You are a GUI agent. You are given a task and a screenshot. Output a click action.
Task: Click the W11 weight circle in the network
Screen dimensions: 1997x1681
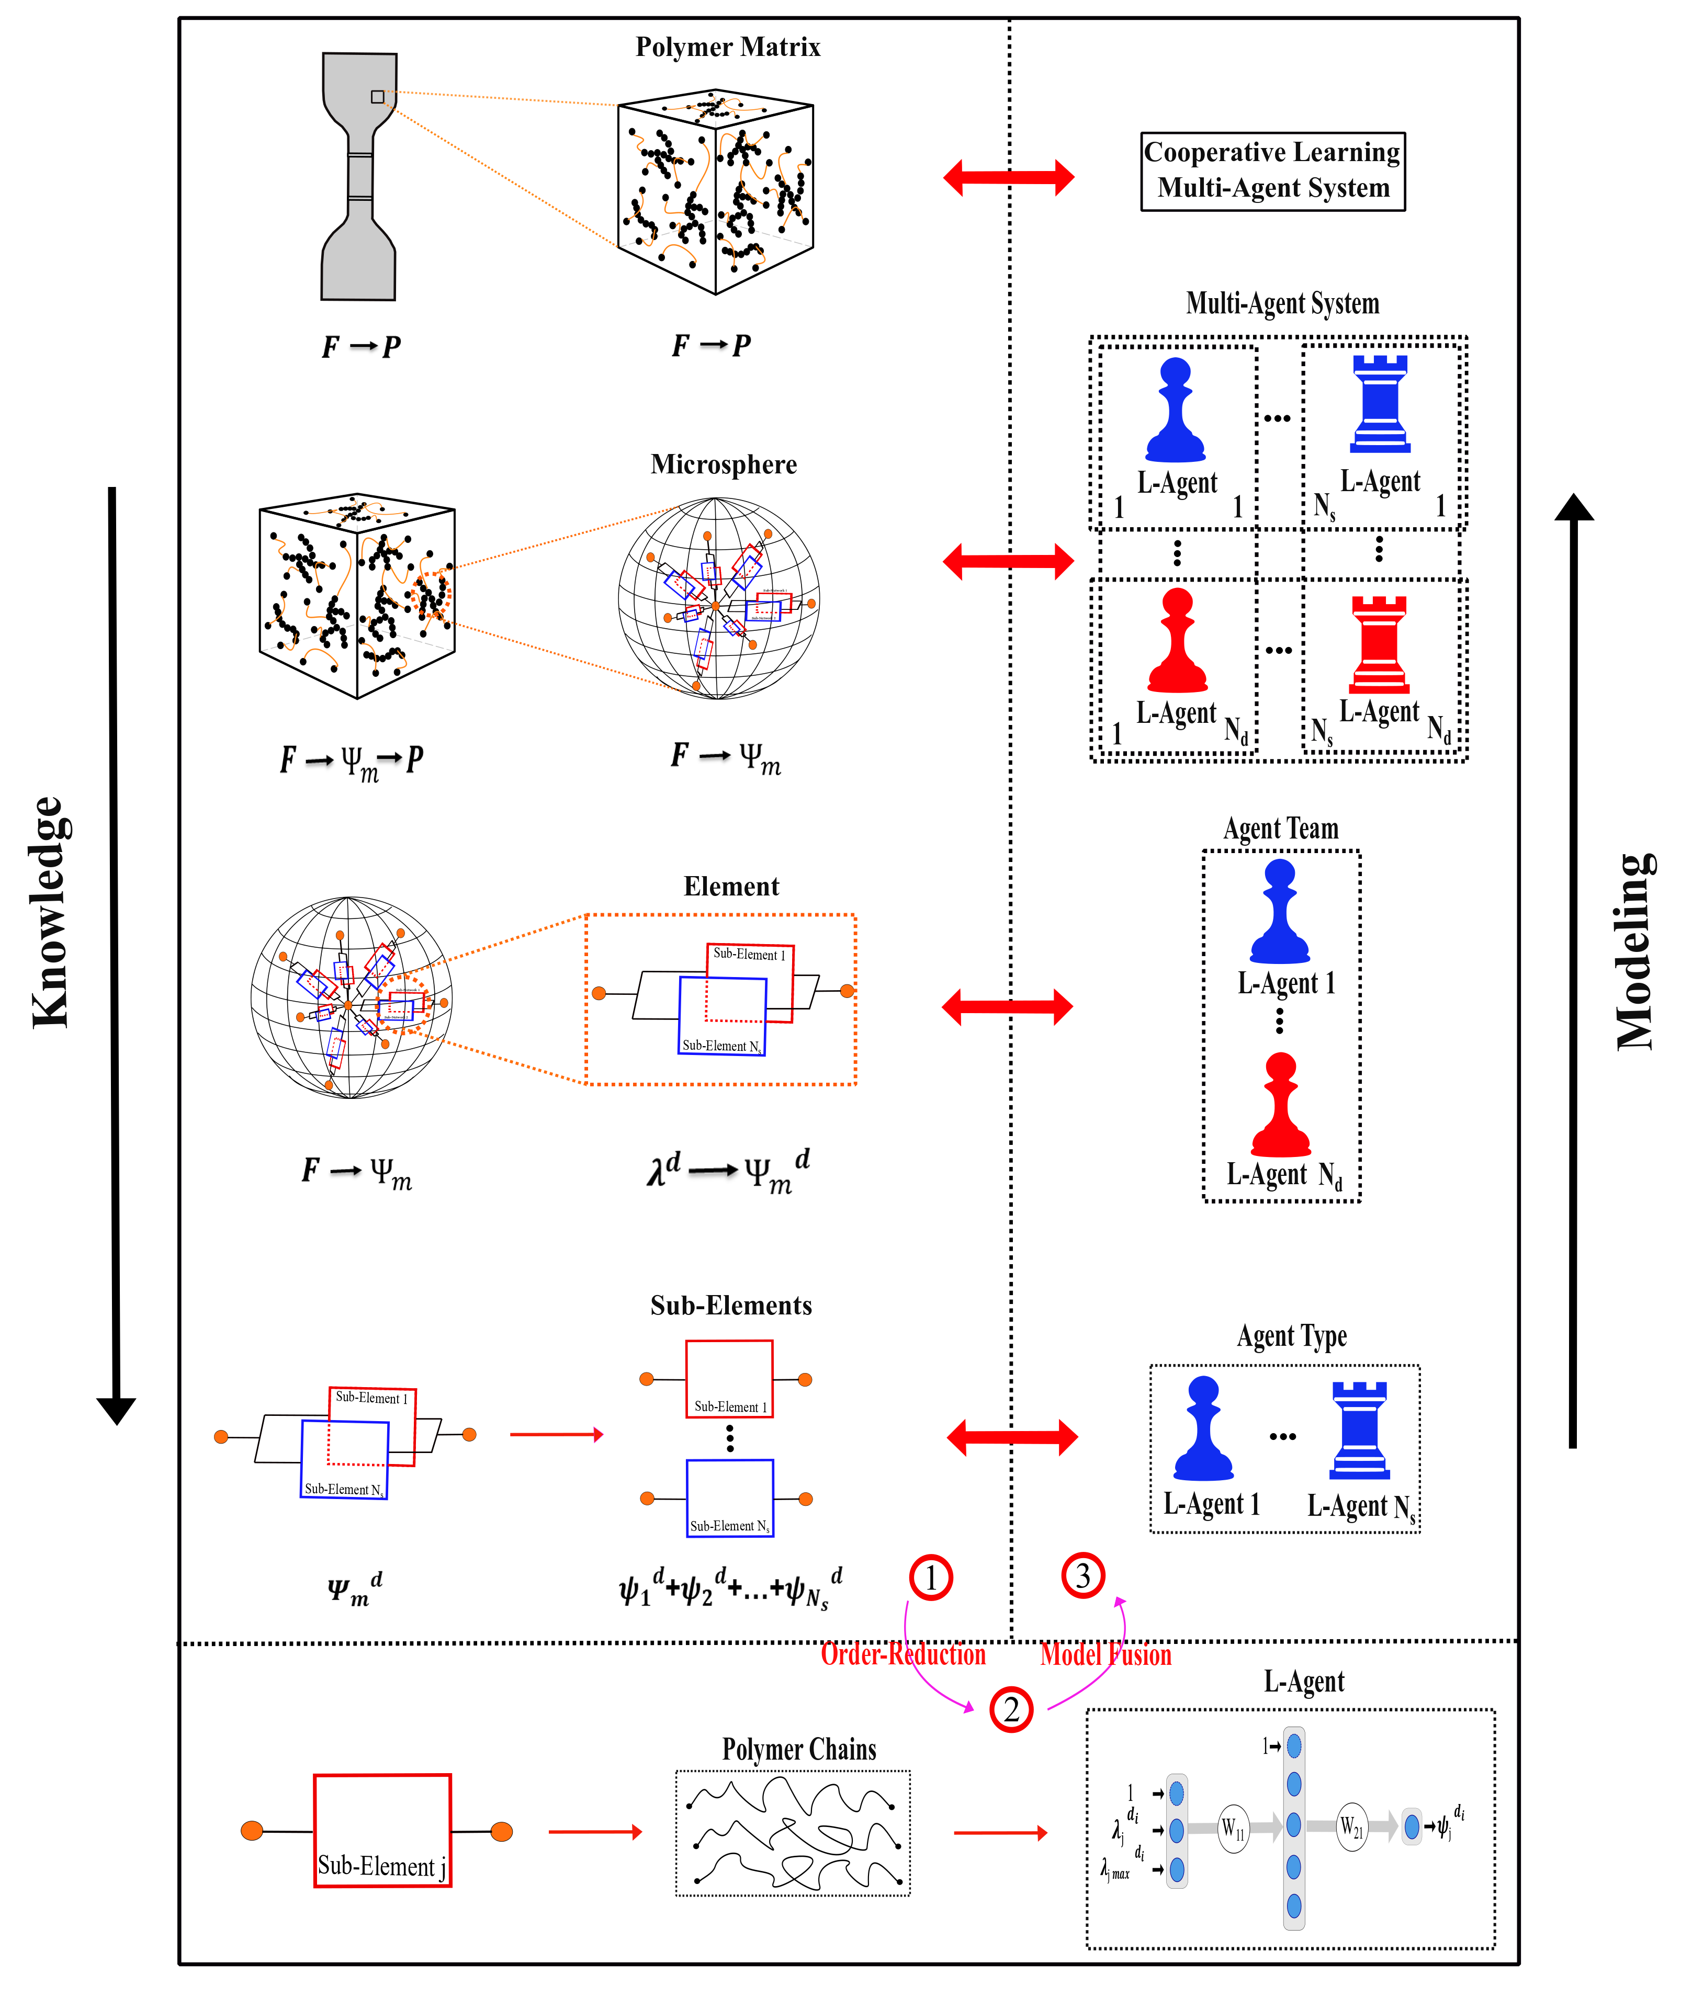(1233, 1828)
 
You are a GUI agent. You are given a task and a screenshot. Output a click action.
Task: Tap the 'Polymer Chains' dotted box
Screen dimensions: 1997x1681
(793, 1832)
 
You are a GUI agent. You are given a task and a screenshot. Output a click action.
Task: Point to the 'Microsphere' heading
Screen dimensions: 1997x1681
(723, 464)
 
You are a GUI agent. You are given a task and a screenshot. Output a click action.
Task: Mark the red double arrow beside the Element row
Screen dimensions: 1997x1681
(1007, 1006)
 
